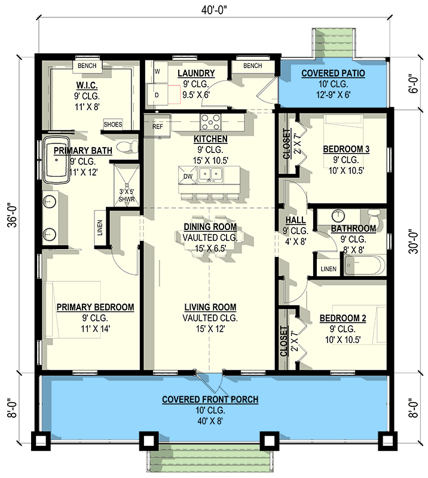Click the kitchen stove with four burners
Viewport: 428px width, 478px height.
point(210,122)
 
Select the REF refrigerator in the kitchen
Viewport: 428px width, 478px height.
point(157,127)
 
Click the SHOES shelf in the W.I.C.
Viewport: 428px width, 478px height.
point(113,124)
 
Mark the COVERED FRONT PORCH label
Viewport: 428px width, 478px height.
point(210,399)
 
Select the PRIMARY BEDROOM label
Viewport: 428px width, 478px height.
point(95,307)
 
